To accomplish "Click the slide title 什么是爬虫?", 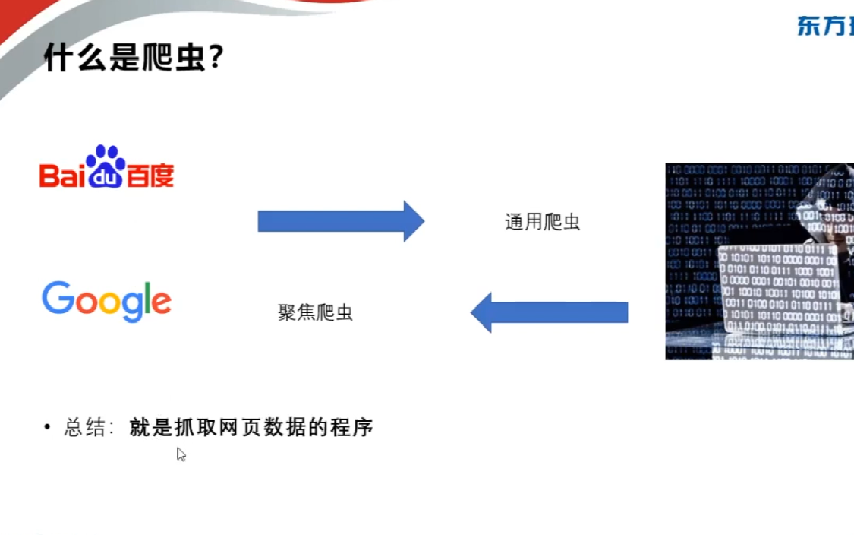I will pyautogui.click(x=134, y=57).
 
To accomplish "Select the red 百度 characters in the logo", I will pyautogui.click(x=149, y=175).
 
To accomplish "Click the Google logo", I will pyautogui.click(x=106, y=301).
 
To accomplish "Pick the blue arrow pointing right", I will pyautogui.click(x=340, y=221).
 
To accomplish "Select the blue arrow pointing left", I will pyautogui.click(x=549, y=312).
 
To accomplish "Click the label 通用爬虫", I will pyautogui.click(x=542, y=222).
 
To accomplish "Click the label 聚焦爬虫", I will pyautogui.click(x=315, y=312).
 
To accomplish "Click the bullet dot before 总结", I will pyautogui.click(x=47, y=428).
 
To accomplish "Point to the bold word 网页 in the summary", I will pyautogui.click(x=238, y=428).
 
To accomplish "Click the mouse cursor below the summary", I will pyautogui.click(x=181, y=454).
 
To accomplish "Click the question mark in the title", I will pyautogui.click(x=215, y=57).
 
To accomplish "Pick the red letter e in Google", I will pyautogui.click(x=160, y=302).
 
